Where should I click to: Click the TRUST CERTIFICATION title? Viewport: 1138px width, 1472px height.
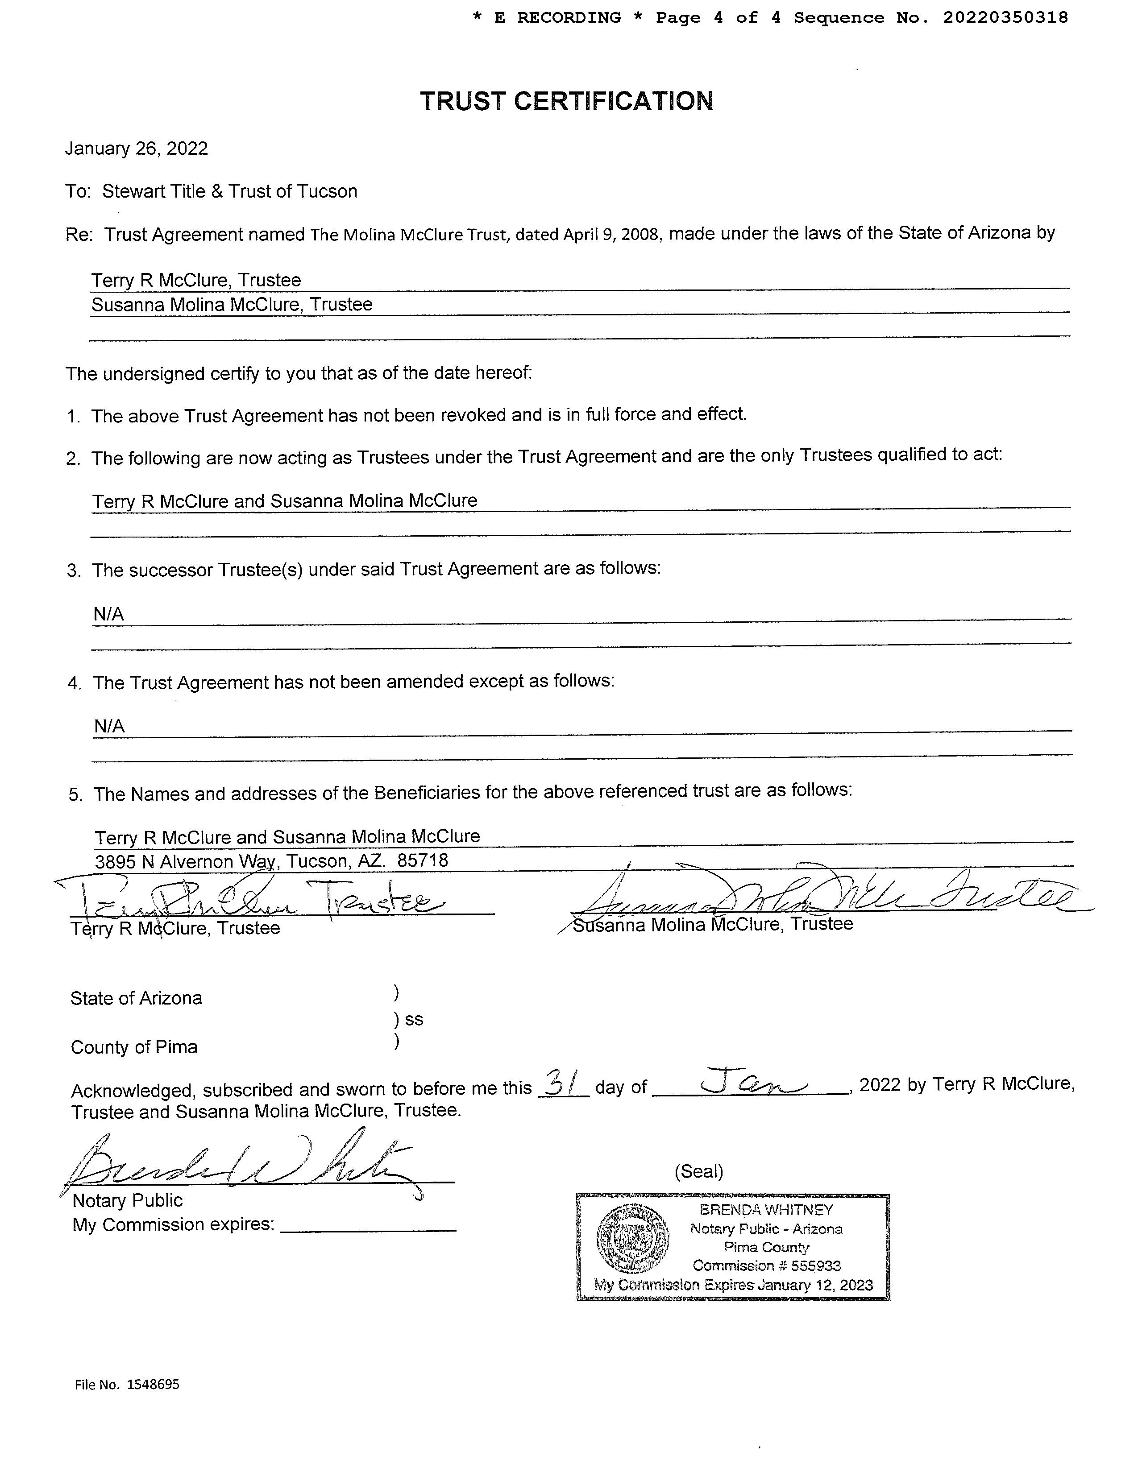pyautogui.click(x=566, y=101)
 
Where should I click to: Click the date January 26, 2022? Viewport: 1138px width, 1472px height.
pyautogui.click(x=136, y=148)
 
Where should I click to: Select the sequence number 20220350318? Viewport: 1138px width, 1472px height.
pyautogui.click(x=1005, y=17)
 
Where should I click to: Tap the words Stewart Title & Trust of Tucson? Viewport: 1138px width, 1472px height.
pyautogui.click(x=229, y=191)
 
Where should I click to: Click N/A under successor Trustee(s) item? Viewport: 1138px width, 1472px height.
pyautogui.click(x=108, y=614)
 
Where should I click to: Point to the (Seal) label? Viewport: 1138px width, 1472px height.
pyautogui.click(x=698, y=1171)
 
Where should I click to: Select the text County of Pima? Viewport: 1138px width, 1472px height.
pyautogui.click(x=134, y=1047)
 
